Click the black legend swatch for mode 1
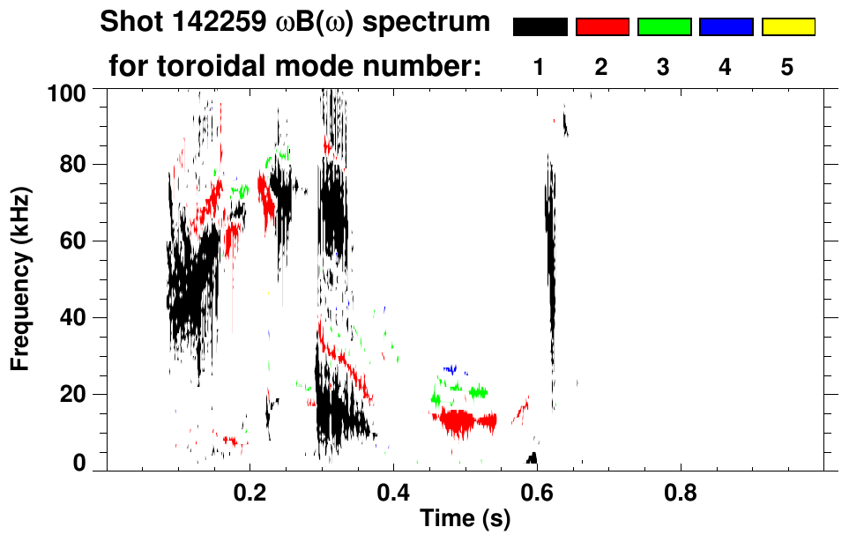(x=540, y=27)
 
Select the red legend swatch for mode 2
(x=602, y=27)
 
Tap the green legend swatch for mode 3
(x=664, y=27)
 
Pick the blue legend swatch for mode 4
(x=726, y=27)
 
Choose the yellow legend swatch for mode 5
(x=787, y=27)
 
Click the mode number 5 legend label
(x=787, y=67)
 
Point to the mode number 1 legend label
(x=540, y=67)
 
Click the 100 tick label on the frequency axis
(x=67, y=91)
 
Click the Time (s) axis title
(x=465, y=520)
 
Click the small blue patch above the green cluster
(x=453, y=369)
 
